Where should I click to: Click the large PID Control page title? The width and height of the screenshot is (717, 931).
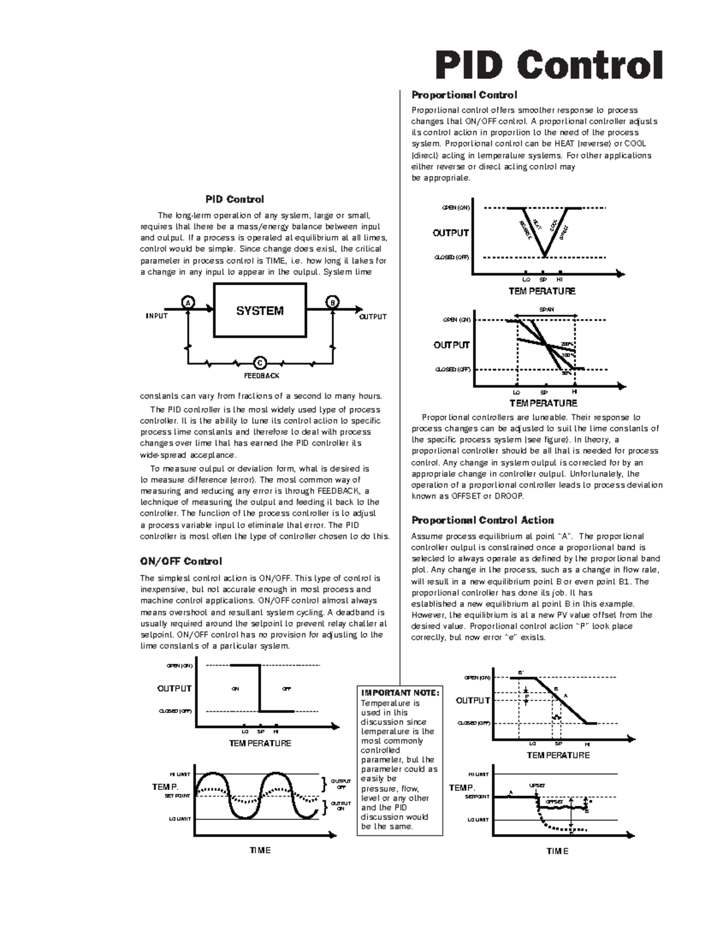(549, 65)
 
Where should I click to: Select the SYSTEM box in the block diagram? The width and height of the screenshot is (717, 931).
(260, 311)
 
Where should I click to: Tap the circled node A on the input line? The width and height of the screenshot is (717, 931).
(188, 302)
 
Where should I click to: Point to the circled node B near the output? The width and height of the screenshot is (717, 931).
(332, 302)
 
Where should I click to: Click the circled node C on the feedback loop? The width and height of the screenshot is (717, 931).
(259, 363)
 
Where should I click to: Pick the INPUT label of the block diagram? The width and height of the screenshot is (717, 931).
(157, 316)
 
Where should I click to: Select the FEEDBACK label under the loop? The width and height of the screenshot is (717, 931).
(261, 376)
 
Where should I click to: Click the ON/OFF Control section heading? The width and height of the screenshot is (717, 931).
(180, 562)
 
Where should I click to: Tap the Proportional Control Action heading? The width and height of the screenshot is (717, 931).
(482, 520)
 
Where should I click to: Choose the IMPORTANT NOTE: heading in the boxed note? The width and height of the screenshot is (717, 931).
(400, 693)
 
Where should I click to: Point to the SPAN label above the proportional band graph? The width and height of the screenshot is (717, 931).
(546, 310)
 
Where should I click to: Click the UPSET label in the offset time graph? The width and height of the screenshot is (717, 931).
(537, 785)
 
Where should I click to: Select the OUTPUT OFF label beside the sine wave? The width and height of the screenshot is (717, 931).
(341, 784)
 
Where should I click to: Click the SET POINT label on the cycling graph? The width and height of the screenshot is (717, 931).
(177, 796)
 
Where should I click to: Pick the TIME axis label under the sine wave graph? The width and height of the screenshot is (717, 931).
(260, 850)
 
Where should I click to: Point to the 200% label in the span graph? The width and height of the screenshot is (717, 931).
(567, 345)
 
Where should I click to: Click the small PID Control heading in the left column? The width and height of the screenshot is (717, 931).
(235, 200)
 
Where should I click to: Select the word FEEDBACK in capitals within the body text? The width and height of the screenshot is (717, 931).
(334, 491)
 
